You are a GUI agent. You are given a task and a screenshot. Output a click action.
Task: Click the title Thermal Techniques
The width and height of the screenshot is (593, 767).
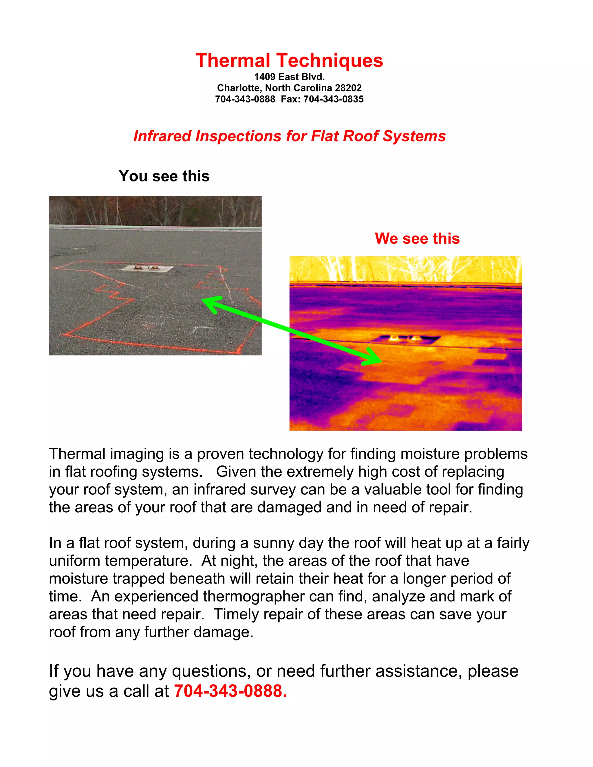[x=289, y=60]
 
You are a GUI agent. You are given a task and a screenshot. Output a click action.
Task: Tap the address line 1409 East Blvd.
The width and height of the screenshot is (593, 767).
[x=289, y=77]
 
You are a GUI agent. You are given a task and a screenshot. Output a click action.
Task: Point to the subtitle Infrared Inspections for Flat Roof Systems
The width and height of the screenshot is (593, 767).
[x=290, y=136]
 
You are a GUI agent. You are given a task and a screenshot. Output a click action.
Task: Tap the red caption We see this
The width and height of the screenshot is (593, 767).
[x=417, y=238]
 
